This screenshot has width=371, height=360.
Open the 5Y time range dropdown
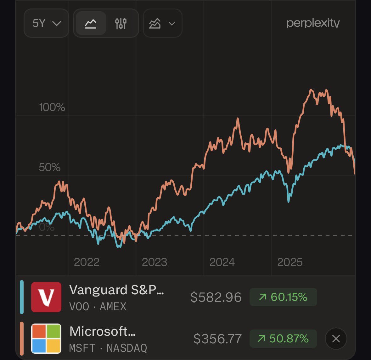(46, 23)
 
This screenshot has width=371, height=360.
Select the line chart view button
(91, 23)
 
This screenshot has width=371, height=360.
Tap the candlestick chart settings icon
(121, 23)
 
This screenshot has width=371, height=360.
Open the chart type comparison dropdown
(162, 23)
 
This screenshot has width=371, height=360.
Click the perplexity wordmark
(313, 23)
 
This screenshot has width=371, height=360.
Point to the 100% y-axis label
(52, 108)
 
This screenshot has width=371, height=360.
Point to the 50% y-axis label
(49, 167)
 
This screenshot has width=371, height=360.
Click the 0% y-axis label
(47, 227)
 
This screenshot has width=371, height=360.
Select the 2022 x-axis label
(87, 262)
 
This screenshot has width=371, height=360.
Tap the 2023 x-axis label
(154, 262)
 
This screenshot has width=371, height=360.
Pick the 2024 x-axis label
(222, 262)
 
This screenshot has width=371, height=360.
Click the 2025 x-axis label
(290, 262)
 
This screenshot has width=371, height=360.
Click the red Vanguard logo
(46, 297)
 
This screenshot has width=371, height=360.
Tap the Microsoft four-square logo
(46, 339)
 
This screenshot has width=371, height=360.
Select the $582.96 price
(216, 297)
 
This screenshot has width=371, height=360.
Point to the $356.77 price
(217, 339)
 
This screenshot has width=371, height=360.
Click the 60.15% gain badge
(283, 297)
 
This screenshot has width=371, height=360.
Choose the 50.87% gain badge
(283, 339)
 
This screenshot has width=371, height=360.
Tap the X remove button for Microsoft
(336, 339)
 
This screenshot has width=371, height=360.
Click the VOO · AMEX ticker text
(98, 307)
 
